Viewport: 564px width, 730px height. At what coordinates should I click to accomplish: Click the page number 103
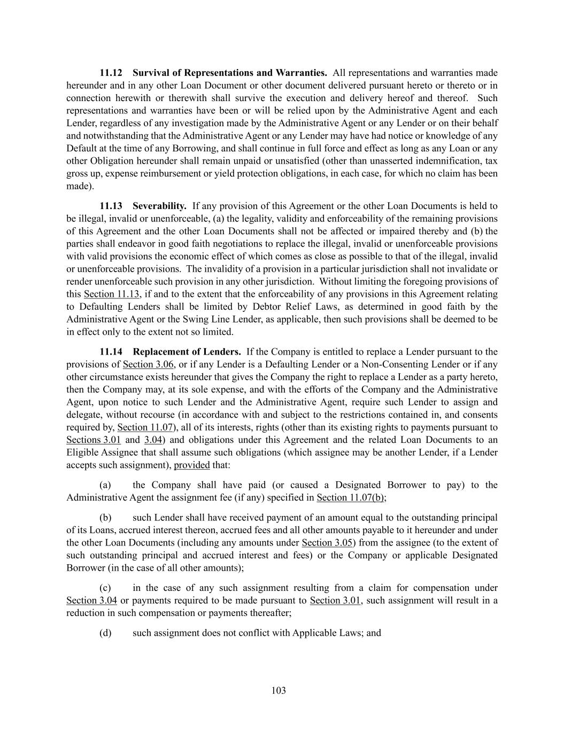(x=279, y=690)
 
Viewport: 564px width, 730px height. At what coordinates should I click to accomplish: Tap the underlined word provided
(x=191, y=465)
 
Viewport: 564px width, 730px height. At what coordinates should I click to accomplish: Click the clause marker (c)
(x=105, y=588)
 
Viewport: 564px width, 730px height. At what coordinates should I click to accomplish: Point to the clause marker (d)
(x=105, y=633)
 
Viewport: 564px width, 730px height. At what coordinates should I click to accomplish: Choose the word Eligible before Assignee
(x=82, y=452)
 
